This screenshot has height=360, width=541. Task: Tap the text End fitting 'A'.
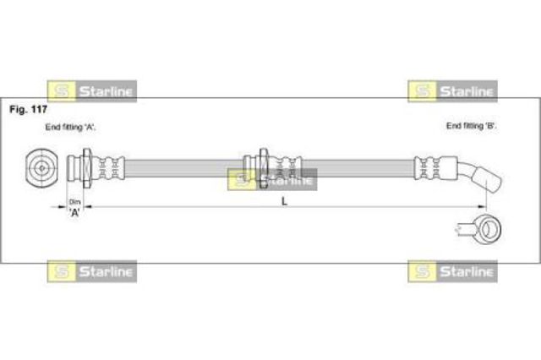coord(70,126)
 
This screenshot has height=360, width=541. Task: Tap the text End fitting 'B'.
coord(471,126)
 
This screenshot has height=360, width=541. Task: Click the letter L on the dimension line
coord(284,201)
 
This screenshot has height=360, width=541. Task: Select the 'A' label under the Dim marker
coord(74,212)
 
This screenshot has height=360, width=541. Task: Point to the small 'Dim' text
coord(74,201)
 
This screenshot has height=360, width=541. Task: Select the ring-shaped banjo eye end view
coord(488,226)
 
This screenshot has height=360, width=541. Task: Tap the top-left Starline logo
coord(91,90)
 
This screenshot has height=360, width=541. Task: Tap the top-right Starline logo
coord(452,90)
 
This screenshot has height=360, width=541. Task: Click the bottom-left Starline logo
coord(91,271)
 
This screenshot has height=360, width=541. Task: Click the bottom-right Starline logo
coord(452,271)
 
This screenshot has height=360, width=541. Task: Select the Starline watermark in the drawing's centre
coord(272,179)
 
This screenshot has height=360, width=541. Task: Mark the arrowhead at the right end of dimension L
coord(484,207)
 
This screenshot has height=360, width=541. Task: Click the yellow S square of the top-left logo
coord(60,90)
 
